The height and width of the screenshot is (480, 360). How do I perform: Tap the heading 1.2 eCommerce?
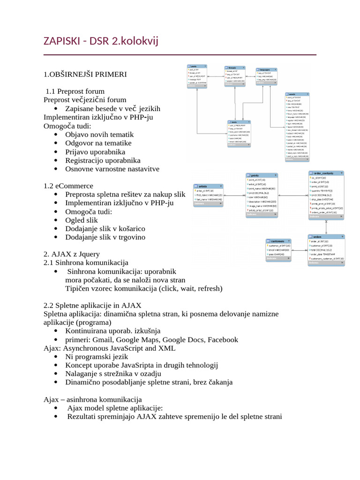coord(68,186)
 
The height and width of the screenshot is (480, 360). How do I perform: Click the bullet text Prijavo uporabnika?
coord(95,151)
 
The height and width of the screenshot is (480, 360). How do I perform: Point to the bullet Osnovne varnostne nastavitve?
coord(112,169)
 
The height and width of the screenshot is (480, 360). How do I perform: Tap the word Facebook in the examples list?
coord(223,339)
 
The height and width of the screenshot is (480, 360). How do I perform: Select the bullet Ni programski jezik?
coord(97,356)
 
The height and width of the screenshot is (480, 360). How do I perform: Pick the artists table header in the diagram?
coord(207,186)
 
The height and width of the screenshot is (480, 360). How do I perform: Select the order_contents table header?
coord(326,173)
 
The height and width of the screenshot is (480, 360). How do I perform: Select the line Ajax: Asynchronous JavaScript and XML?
coord(109,348)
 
